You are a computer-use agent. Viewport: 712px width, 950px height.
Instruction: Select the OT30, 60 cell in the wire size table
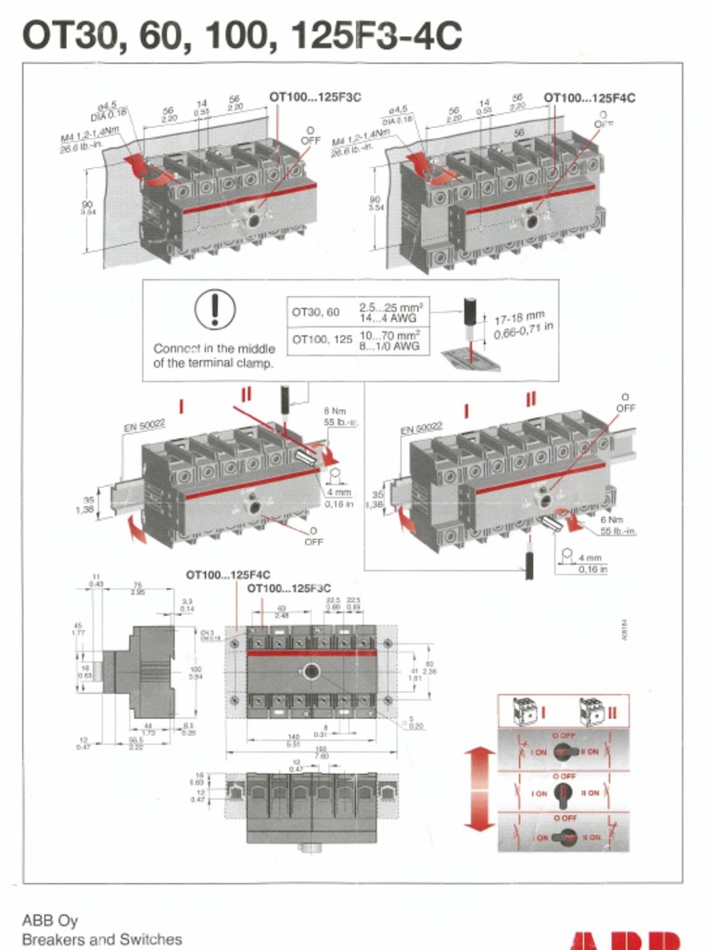tap(316, 313)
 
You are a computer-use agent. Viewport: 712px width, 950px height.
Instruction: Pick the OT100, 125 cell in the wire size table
tap(322, 340)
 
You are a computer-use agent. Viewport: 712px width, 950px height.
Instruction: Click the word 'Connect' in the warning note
tap(178, 349)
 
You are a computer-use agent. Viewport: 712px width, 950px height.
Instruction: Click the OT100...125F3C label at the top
tap(314, 96)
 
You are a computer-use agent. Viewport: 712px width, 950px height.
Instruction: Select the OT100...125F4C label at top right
tap(589, 96)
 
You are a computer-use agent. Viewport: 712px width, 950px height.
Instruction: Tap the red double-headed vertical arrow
tap(479, 789)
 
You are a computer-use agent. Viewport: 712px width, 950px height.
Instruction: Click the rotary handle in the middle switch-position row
tap(563, 793)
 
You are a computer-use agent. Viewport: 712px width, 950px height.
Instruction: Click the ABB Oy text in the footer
tap(50, 921)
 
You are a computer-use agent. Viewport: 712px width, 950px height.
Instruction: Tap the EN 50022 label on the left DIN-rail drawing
tap(144, 426)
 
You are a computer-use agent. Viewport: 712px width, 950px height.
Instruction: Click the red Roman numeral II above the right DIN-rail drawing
tap(530, 399)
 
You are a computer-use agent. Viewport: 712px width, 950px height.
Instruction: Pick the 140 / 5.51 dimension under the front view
tap(293, 741)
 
